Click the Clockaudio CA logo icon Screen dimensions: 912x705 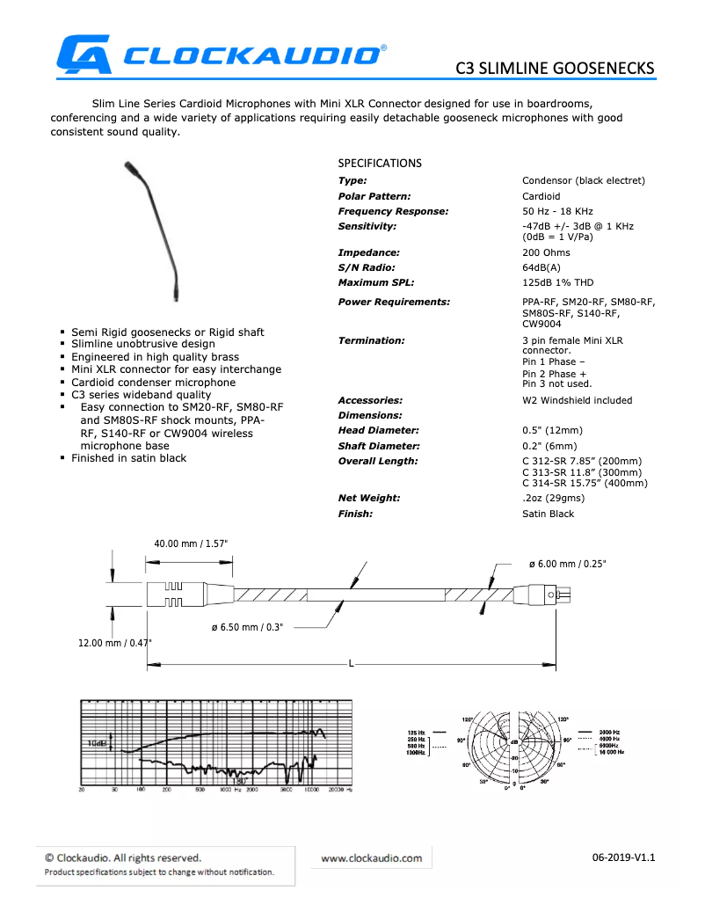[x=84, y=54]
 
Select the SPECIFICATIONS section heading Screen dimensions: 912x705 [x=380, y=164]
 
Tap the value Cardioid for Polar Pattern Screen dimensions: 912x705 [x=541, y=196]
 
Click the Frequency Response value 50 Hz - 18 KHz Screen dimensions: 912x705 [x=557, y=211]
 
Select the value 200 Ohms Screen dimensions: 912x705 [x=546, y=252]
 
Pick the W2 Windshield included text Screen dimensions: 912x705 [x=577, y=400]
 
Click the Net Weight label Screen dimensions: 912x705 [x=368, y=498]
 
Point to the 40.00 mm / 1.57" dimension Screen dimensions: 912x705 [x=191, y=544]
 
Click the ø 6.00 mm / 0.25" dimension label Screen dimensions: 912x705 [x=566, y=563]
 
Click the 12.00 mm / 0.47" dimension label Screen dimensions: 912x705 [x=114, y=643]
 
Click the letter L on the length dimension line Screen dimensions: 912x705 [x=351, y=663]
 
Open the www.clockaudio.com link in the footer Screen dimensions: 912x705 [x=371, y=858]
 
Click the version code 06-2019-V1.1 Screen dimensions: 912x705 [x=624, y=857]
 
